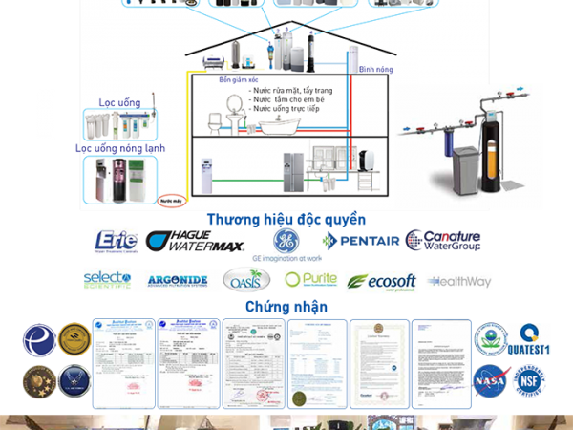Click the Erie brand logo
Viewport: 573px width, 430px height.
click(115, 241)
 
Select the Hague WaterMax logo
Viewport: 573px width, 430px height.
click(195, 242)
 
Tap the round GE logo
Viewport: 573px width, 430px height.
click(286, 239)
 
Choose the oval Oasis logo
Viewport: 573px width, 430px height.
click(246, 280)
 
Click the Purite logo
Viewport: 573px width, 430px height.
click(310, 280)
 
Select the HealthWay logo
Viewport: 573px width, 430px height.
click(458, 281)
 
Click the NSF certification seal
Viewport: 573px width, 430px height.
click(532, 379)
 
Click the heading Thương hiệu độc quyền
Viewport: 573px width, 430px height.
click(286, 218)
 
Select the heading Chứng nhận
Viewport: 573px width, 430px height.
click(286, 307)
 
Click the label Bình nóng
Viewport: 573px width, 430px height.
click(372, 70)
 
